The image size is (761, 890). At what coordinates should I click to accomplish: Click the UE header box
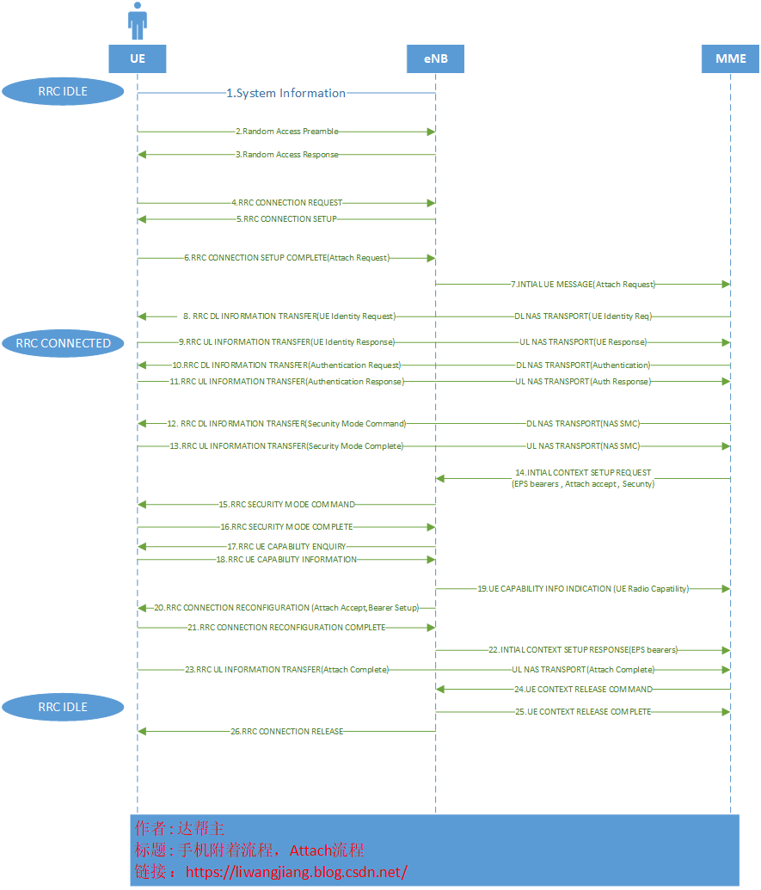(x=138, y=58)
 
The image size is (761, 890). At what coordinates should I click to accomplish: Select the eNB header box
(x=435, y=58)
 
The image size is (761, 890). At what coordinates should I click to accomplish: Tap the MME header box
(x=731, y=58)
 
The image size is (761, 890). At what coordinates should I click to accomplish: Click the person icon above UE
(x=138, y=21)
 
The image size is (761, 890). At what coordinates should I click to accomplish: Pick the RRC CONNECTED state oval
(x=63, y=343)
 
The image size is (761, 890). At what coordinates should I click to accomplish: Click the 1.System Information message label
(x=286, y=93)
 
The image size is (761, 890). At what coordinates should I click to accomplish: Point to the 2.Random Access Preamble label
(x=286, y=132)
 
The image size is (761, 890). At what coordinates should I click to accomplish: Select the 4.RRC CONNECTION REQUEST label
(x=286, y=203)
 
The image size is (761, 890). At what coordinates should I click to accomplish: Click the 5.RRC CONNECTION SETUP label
(x=286, y=219)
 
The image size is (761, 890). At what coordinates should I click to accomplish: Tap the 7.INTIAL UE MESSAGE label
(x=583, y=284)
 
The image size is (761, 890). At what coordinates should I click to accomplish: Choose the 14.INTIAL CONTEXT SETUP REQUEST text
(x=583, y=478)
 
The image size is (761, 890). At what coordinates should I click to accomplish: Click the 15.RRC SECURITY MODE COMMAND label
(x=286, y=505)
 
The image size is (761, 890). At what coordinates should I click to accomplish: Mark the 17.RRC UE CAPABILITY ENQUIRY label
(x=286, y=546)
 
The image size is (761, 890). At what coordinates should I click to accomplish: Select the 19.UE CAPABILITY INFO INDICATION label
(x=583, y=589)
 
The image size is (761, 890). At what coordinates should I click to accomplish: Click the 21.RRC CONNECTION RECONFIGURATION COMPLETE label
(x=286, y=628)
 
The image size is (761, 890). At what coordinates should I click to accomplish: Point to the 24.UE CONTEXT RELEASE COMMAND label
(x=583, y=690)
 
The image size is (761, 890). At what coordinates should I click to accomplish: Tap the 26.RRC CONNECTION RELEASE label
(x=286, y=732)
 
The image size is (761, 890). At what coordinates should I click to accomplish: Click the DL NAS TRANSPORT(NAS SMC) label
(x=583, y=424)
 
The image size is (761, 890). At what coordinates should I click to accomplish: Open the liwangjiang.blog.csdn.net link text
(x=296, y=872)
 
